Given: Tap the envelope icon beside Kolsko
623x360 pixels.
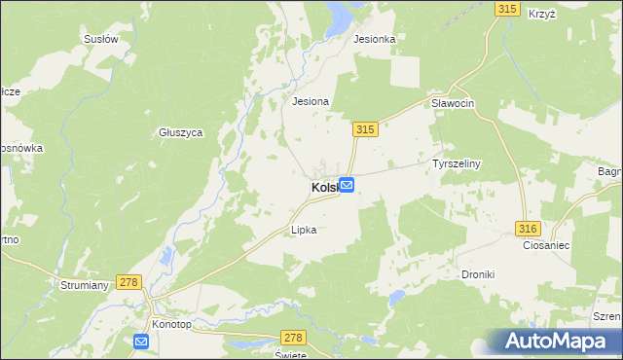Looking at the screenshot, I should [347, 185].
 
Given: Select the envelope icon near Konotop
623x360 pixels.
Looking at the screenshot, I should [141, 341].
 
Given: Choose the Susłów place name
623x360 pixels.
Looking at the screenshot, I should [101, 40].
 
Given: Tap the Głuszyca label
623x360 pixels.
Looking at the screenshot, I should [180, 133].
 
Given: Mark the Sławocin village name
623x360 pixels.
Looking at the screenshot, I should [452, 103].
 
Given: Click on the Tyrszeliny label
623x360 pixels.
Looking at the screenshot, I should [458, 164].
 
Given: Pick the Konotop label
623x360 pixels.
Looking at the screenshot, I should [172, 322].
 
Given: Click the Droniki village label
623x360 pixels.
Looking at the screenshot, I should [478, 274].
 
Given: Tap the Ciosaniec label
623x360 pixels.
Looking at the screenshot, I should [545, 246].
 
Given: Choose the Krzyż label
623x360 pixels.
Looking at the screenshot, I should [542, 15].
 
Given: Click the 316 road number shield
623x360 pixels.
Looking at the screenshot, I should [527, 228].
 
